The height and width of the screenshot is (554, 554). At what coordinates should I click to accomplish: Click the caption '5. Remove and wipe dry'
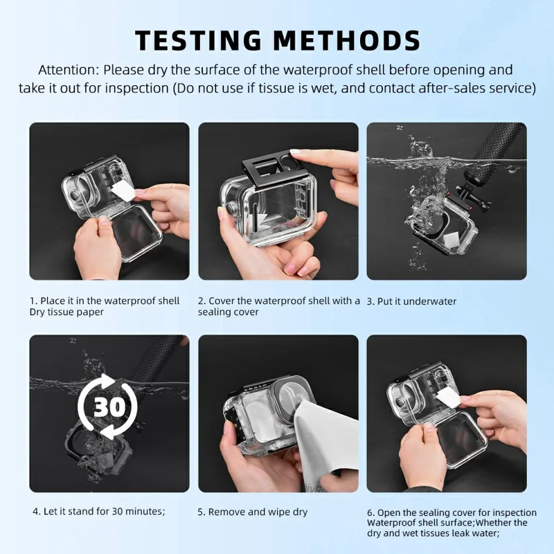point(253,512)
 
